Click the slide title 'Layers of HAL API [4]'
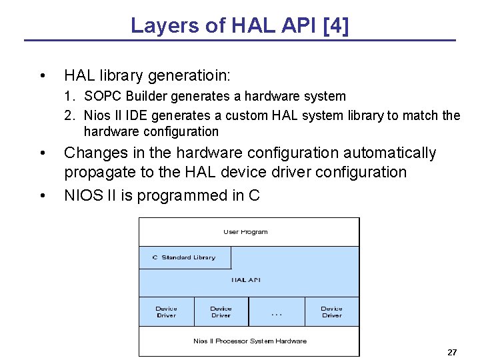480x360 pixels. coord(240,25)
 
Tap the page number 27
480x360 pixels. coord(453,351)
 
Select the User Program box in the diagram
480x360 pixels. coord(245,232)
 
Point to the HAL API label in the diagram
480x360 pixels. coord(245,280)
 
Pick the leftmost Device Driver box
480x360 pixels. coord(166,311)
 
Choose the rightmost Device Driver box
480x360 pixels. coord(331,311)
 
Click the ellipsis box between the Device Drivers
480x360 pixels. coord(277,311)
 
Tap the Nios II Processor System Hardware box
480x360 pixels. coord(249,341)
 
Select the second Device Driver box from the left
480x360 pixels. coord(221,311)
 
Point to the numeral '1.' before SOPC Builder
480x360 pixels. coord(70,97)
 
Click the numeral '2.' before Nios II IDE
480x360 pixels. coord(70,116)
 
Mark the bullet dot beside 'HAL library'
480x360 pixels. coord(43,75)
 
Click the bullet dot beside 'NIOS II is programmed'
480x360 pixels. coord(43,196)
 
